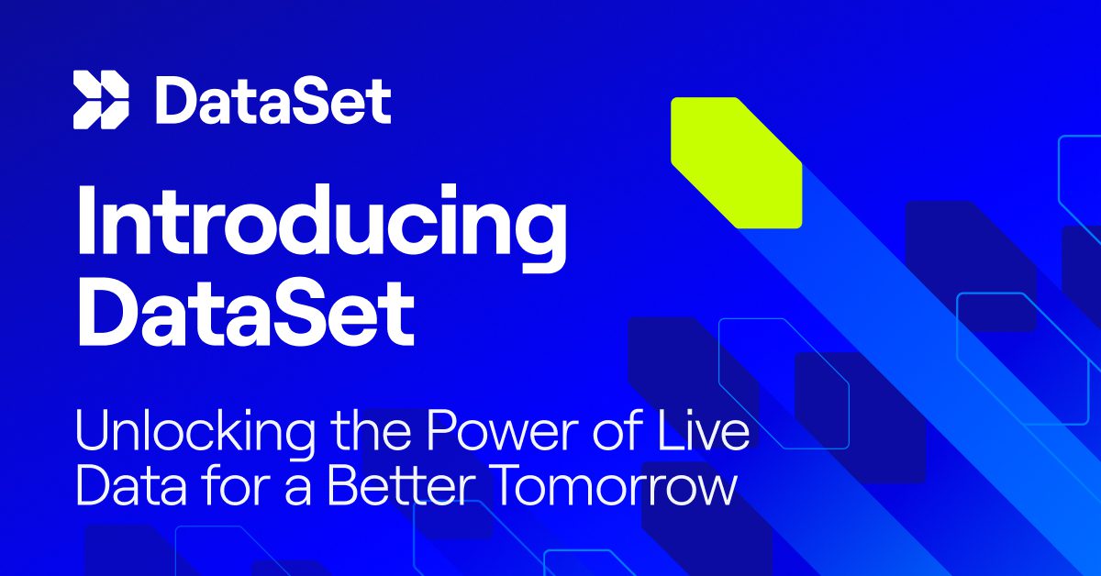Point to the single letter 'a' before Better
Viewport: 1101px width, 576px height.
299,492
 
